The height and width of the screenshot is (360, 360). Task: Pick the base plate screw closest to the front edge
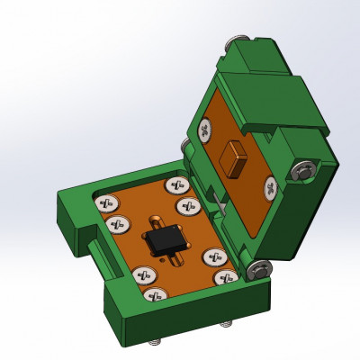coord(156,293)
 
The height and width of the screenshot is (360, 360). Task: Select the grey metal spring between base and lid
coord(214,202)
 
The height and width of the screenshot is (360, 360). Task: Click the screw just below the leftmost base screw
coord(116,223)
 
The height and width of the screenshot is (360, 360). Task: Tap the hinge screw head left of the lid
coord(184,145)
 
